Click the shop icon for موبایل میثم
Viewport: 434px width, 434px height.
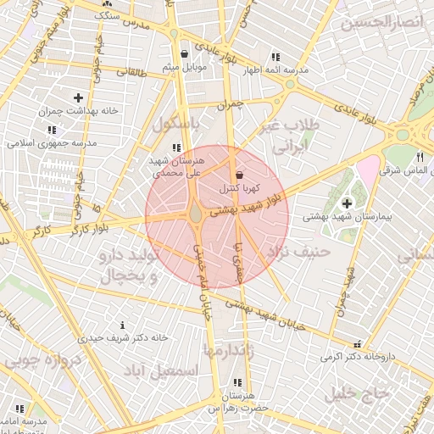pyautogui.click(x=184, y=54)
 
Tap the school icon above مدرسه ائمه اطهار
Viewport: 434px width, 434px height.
pyautogui.click(x=275, y=57)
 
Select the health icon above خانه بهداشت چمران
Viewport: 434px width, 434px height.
pyautogui.click(x=79, y=98)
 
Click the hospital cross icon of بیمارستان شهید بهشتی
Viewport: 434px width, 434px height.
pyautogui.click(x=348, y=203)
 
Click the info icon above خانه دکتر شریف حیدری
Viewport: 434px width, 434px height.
pyautogui.click(x=124, y=325)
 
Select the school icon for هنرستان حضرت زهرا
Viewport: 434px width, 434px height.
pyautogui.click(x=236, y=383)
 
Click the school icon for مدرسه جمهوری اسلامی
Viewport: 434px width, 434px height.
pyautogui.click(x=52, y=131)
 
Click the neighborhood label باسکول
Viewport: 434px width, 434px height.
pyautogui.click(x=179, y=124)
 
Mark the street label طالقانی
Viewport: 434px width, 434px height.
pyautogui.click(x=131, y=74)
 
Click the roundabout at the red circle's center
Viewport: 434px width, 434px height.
pyautogui.click(x=196, y=215)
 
